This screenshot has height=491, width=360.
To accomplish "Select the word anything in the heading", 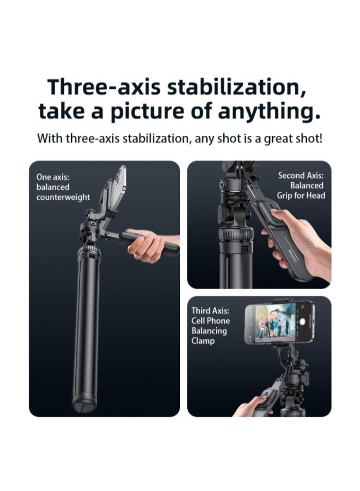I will click(x=268, y=112).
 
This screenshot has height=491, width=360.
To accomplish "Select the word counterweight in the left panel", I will click(x=63, y=197).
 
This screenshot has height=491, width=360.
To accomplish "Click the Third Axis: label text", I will click(x=210, y=311).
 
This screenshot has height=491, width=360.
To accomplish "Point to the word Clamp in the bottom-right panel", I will click(x=203, y=341).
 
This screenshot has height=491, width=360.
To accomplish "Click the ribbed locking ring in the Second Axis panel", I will click(x=236, y=236).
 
